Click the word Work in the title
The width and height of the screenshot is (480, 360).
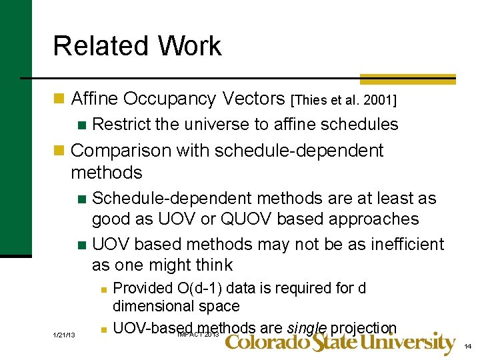(190, 46)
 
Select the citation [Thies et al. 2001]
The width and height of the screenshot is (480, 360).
(344, 101)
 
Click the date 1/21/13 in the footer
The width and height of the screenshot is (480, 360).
(64, 335)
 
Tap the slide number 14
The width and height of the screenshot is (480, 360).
(467, 346)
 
